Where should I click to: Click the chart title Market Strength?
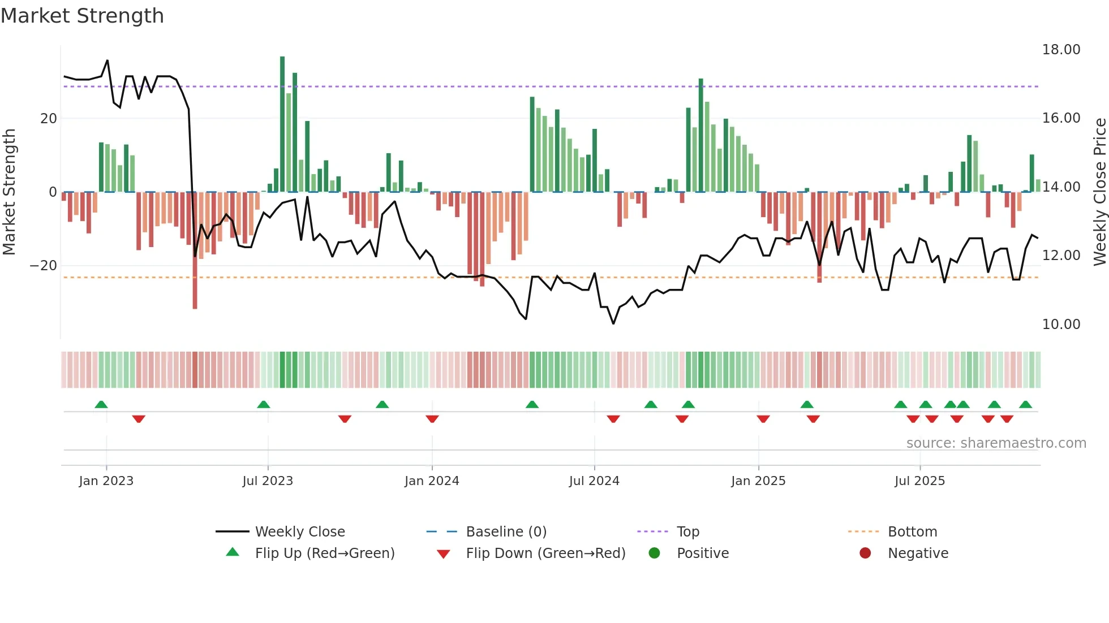[x=82, y=16]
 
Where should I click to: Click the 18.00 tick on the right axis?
[x=1061, y=50]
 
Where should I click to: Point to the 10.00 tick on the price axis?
[x=1061, y=325]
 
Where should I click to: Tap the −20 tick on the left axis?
[x=44, y=266]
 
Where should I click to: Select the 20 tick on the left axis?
[x=49, y=119]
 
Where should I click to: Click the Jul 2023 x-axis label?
[x=268, y=481]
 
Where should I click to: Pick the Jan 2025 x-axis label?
[x=758, y=481]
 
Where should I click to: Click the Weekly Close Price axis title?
[x=1099, y=192]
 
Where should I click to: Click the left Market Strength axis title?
[x=9, y=192]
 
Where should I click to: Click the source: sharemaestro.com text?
[x=996, y=443]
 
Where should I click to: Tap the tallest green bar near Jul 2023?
[x=282, y=124]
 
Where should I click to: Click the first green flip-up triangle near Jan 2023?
[x=101, y=404]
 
